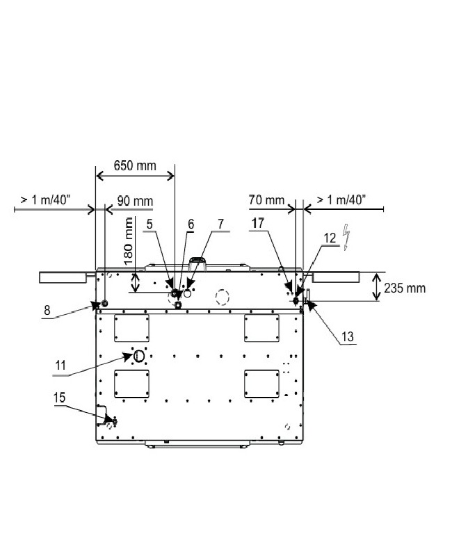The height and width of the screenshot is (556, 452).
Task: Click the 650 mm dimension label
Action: pyautogui.click(x=135, y=165)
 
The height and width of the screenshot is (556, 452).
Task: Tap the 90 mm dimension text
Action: pyautogui.click(x=135, y=201)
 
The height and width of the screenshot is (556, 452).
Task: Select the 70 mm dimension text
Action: pyautogui.click(x=266, y=200)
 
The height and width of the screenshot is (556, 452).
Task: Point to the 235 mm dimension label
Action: pyautogui.click(x=405, y=288)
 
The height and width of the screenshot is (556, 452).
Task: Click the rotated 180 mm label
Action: pyautogui.click(x=129, y=241)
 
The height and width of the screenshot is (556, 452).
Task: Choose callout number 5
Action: pyautogui.click(x=150, y=224)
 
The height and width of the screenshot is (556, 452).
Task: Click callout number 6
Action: pyautogui.click(x=191, y=224)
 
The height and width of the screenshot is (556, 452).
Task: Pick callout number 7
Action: pyautogui.click(x=220, y=224)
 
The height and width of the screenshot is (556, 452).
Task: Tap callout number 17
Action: pyautogui.click(x=258, y=223)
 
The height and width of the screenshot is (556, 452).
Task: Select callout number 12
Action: pyautogui.click(x=330, y=238)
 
